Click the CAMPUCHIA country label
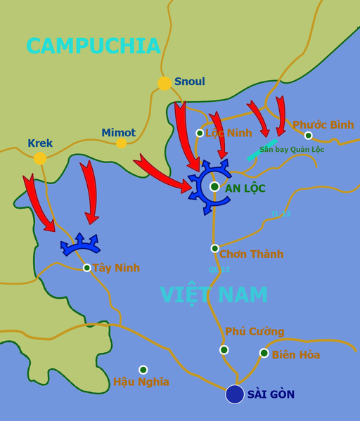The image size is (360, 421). [x=94, y=46]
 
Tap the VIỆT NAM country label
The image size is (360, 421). [x=214, y=294]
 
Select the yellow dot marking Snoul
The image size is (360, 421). [x=165, y=83]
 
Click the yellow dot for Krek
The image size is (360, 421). [x=40, y=158]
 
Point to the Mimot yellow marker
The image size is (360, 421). [x=122, y=143]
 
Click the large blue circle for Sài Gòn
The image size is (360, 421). [x=235, y=394]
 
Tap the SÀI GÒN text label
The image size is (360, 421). [x=271, y=395]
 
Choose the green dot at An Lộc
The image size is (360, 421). [x=214, y=186]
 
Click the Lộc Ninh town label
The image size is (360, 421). [x=228, y=133]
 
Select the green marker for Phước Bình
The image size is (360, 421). [x=308, y=136]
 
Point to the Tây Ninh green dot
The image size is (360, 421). [x=86, y=268]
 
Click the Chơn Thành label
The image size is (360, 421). [x=251, y=254]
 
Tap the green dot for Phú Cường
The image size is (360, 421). [x=224, y=349]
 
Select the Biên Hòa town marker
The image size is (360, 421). [x=264, y=353]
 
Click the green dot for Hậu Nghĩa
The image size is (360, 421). [x=143, y=370]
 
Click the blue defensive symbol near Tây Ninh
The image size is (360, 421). [x=79, y=245]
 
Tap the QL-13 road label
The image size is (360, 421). [x=219, y=269]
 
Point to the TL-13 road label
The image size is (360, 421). [x=280, y=214]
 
